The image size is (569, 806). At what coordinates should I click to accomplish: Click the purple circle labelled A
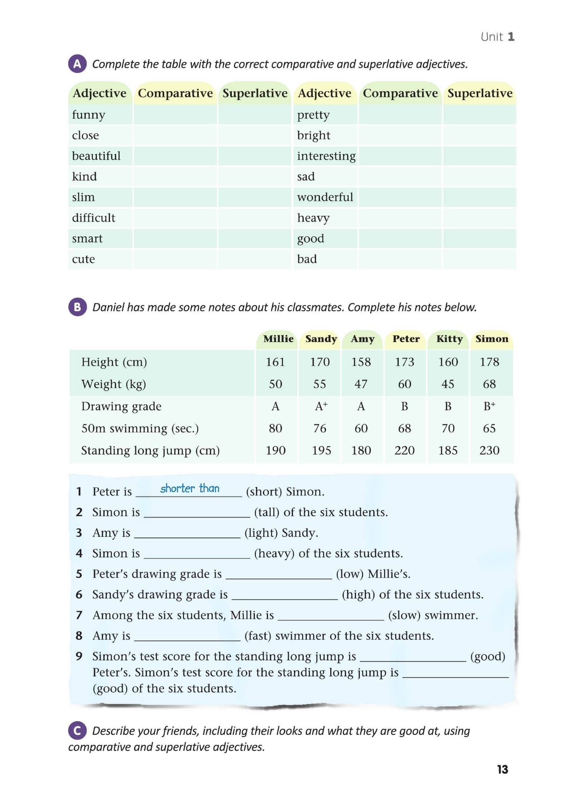pos(77,64)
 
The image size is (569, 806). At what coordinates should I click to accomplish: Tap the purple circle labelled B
pos(77,307)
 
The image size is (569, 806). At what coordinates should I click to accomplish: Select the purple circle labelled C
pos(77,731)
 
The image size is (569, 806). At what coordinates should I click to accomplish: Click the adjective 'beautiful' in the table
pos(96,156)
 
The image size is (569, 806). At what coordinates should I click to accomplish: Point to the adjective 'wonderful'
pos(325,197)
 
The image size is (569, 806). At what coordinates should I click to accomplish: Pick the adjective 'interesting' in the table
pos(326,156)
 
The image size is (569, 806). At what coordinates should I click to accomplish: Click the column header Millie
pos(278,339)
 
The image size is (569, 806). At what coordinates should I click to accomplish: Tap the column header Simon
pos(492,339)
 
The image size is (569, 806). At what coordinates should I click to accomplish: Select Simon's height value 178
pos(489,362)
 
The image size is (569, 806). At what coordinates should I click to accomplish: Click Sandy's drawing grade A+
pos(321,406)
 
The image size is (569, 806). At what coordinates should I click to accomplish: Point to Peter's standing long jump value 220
pos(404,451)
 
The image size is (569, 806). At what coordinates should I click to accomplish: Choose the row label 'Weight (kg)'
pos(113,384)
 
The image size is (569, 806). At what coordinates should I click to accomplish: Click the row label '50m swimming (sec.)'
pos(140,429)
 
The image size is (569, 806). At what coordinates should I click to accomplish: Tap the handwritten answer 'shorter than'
pos(190,489)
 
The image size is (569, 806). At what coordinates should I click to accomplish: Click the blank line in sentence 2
pos(197,514)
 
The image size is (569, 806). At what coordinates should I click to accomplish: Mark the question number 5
pos(79,574)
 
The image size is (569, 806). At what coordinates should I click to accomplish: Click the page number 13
pos(502,769)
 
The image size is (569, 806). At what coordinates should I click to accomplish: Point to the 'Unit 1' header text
pos(497,37)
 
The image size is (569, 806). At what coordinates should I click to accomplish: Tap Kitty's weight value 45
pos(448,384)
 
